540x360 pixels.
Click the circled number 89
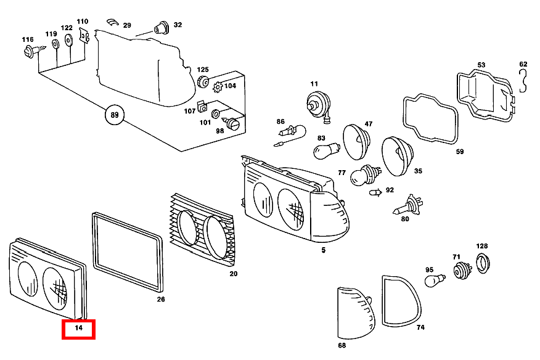(x=114, y=115)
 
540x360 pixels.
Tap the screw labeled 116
(x=34, y=51)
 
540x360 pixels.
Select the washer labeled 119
(x=55, y=44)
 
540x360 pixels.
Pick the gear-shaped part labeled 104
(x=218, y=87)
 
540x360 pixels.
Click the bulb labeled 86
(x=290, y=136)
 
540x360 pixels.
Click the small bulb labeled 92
(x=375, y=192)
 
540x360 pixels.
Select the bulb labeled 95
(x=435, y=280)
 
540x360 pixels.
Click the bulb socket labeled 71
(x=462, y=270)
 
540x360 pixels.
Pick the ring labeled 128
(x=483, y=263)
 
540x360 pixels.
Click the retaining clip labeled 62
(x=523, y=81)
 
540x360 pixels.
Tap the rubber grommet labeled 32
(x=162, y=28)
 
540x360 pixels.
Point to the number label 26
(x=161, y=299)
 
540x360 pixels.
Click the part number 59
(x=460, y=151)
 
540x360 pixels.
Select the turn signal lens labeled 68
(x=356, y=313)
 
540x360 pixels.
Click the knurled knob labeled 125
(x=203, y=82)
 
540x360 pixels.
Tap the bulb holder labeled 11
(x=319, y=105)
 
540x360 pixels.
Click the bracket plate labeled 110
(x=84, y=36)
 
